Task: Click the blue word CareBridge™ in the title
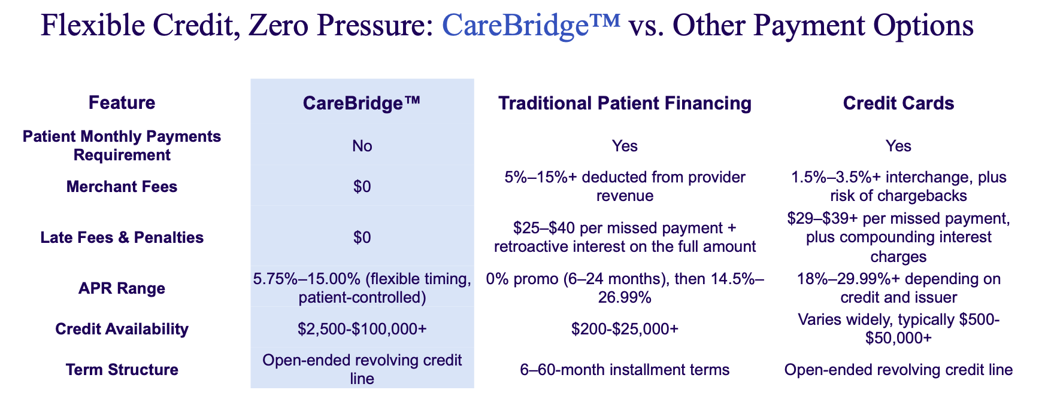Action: pyautogui.click(x=531, y=27)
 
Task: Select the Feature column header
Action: pyautogui.click(x=122, y=103)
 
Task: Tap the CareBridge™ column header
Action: pyautogui.click(x=362, y=103)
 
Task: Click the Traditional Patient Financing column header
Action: pyautogui.click(x=625, y=103)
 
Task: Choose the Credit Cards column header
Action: pyautogui.click(x=898, y=103)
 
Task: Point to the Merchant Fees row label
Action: pyautogui.click(x=122, y=187)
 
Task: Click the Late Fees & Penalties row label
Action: pyautogui.click(x=122, y=237)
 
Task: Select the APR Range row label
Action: pyautogui.click(x=122, y=288)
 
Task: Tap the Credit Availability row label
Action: pyautogui.click(x=122, y=329)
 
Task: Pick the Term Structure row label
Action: pyautogui.click(x=122, y=370)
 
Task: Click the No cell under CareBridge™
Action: pyautogui.click(x=362, y=146)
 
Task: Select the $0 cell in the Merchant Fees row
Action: pyautogui.click(x=362, y=187)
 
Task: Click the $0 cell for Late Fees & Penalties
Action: pyautogui.click(x=362, y=237)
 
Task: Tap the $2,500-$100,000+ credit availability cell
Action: pyautogui.click(x=362, y=329)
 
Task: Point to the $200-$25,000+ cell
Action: pyautogui.click(x=625, y=329)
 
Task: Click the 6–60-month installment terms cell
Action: pyautogui.click(x=625, y=370)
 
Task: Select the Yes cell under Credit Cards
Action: pyautogui.click(x=898, y=146)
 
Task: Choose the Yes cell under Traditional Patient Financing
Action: pyautogui.click(x=625, y=146)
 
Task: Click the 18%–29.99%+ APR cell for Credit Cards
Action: pyautogui.click(x=898, y=288)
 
